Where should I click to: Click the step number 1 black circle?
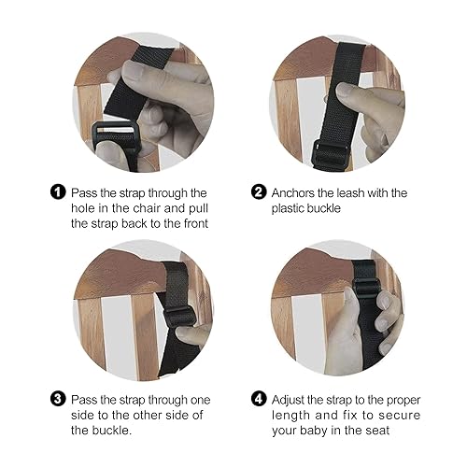point(58,193)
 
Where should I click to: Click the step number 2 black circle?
point(259,193)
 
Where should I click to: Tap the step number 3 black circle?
point(58,399)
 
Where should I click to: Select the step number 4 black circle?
point(259,399)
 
